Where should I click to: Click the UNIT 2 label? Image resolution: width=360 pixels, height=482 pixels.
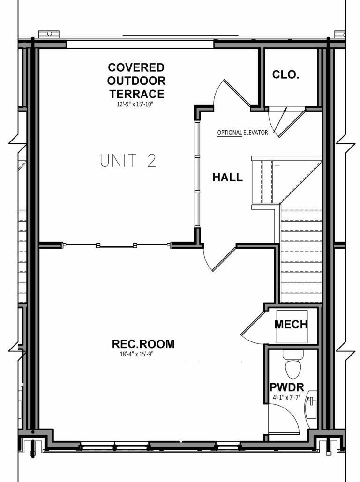(127, 161)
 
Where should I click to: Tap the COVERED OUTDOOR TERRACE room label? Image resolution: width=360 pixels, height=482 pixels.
(135, 81)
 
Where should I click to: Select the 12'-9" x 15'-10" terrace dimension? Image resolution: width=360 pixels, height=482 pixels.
(135, 105)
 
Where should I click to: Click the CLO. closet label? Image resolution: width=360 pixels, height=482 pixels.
(285, 75)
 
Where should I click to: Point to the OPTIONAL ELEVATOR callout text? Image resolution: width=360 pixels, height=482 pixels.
(242, 133)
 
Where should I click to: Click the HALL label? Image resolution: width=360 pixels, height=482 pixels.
(228, 178)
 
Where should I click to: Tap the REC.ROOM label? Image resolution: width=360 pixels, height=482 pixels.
(143, 344)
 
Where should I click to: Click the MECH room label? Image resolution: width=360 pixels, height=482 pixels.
(291, 324)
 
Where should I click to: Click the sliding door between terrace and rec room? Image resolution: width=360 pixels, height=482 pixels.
(116, 245)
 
